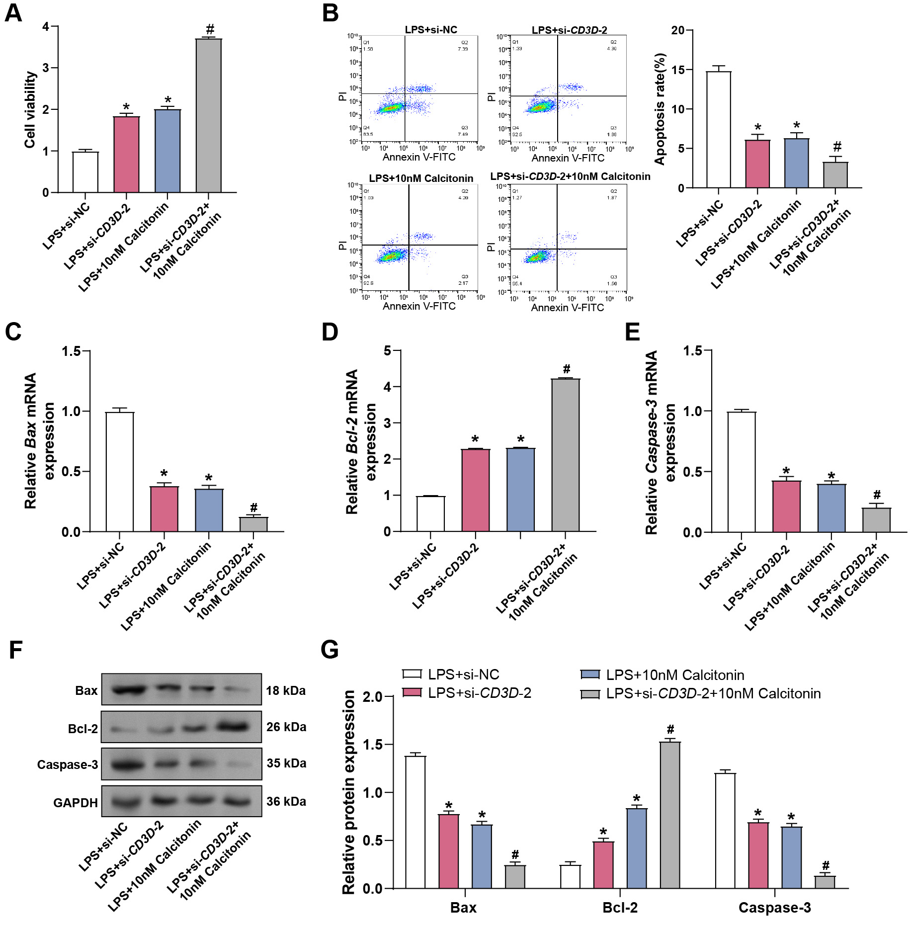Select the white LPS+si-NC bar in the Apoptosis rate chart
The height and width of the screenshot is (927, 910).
coord(718,130)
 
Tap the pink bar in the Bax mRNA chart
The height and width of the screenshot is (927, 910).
coord(164,509)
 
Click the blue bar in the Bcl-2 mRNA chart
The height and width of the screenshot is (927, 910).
coord(520,490)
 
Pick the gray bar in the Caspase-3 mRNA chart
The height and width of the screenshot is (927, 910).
coord(876,520)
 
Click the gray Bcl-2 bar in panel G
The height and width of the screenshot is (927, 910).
coord(670,815)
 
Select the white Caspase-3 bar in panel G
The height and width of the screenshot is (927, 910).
coord(725,831)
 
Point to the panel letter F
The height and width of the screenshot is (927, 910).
coord(15,650)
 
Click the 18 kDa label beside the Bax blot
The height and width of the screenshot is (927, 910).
coord(285,690)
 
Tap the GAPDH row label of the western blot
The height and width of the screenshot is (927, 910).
coord(75,803)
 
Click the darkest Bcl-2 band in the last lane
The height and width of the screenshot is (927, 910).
coord(233,727)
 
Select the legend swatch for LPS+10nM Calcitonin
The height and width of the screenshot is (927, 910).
coord(590,674)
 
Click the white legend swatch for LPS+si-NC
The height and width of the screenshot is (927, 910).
coord(412,674)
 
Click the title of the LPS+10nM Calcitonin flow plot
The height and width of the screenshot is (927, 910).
coord(421,178)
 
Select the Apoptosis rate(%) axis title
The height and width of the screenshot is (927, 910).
coord(660,109)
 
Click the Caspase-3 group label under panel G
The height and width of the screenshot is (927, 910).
coord(774,908)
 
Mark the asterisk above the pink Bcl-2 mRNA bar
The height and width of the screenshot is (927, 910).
coord(475,439)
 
